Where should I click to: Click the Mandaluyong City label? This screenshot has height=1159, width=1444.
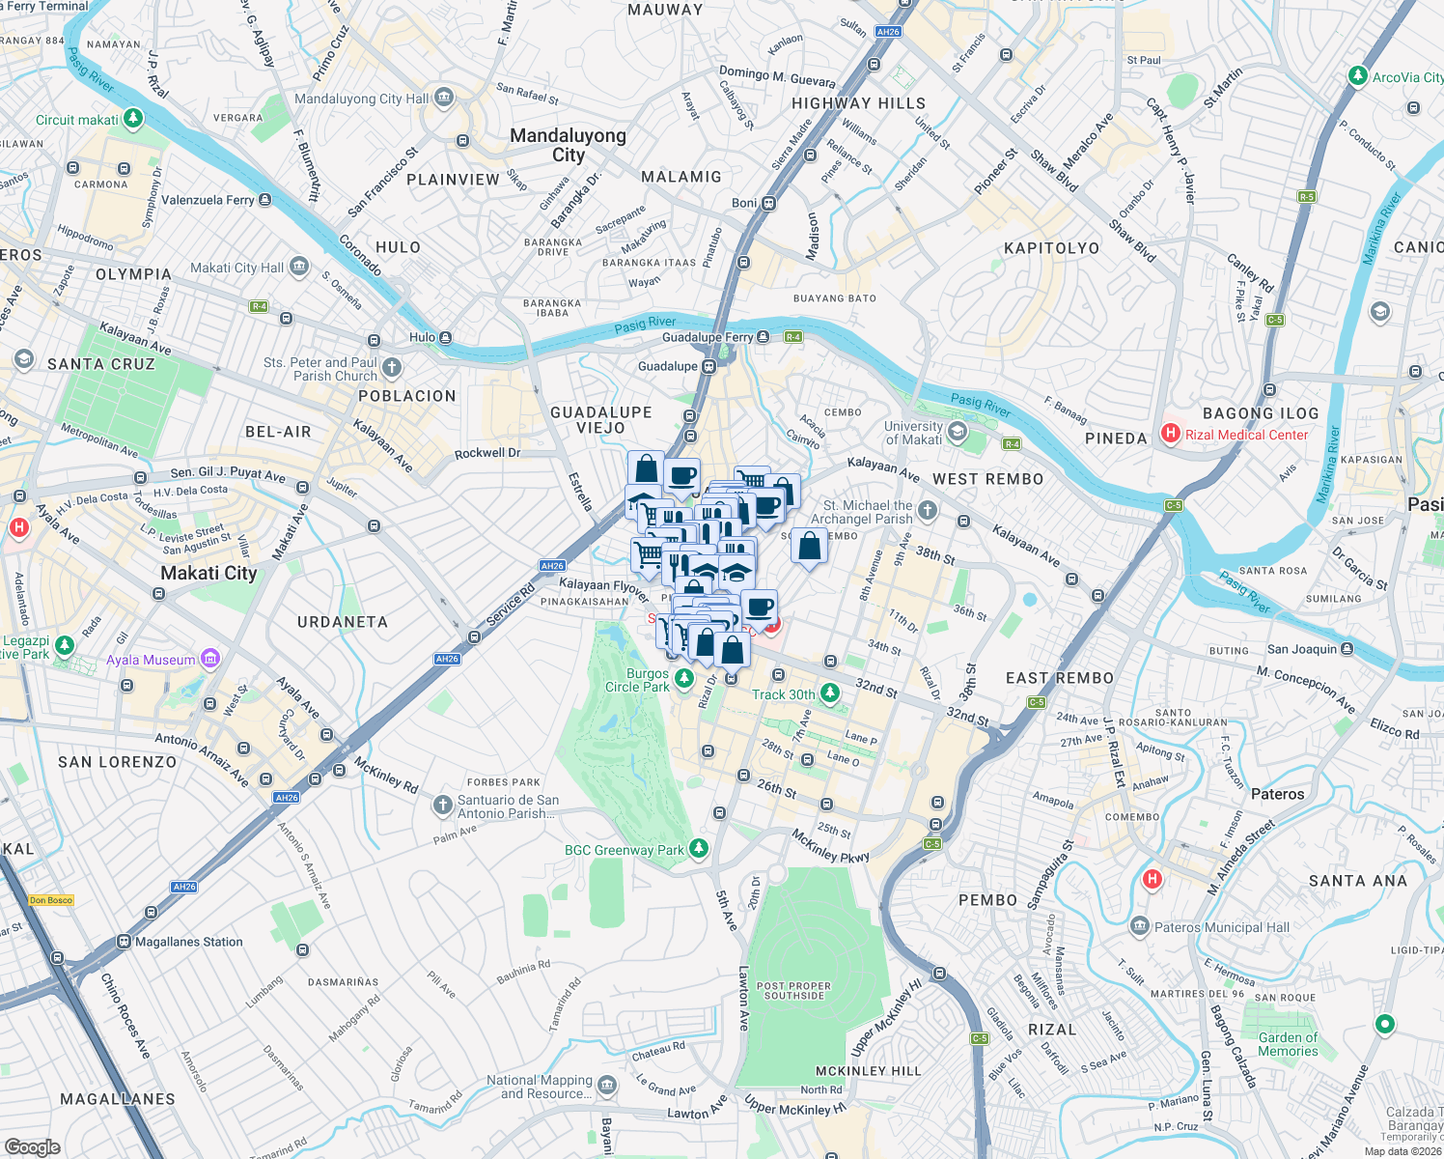coord(568,145)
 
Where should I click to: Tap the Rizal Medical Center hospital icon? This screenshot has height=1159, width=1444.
coord(1171,434)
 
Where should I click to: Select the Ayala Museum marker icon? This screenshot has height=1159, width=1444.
coord(210,659)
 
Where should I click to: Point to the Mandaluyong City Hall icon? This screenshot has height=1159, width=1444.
coord(444,98)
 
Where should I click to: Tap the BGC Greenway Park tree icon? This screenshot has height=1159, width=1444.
coord(699,849)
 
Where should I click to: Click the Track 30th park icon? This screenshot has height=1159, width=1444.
coord(830,693)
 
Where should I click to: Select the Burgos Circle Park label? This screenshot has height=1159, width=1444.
coord(647,680)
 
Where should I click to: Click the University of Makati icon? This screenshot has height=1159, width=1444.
coord(958,432)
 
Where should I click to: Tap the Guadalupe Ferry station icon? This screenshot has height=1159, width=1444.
coord(764,337)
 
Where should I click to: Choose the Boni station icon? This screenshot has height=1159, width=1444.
coord(769,203)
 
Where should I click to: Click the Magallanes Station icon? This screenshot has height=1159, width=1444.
coord(124,942)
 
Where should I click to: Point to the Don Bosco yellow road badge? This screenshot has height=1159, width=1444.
coord(51,900)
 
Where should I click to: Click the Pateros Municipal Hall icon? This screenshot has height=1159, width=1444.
coord(1140,927)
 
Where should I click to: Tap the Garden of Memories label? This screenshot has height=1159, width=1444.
coord(1288,1044)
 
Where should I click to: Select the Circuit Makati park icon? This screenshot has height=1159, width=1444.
coord(133,119)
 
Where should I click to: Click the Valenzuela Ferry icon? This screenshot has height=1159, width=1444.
coord(265,200)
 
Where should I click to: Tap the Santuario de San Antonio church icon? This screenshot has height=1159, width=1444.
coord(442,805)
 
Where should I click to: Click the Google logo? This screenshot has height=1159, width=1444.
coord(33,1146)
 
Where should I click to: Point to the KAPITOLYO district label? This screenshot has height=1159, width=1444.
coord(1051,248)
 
